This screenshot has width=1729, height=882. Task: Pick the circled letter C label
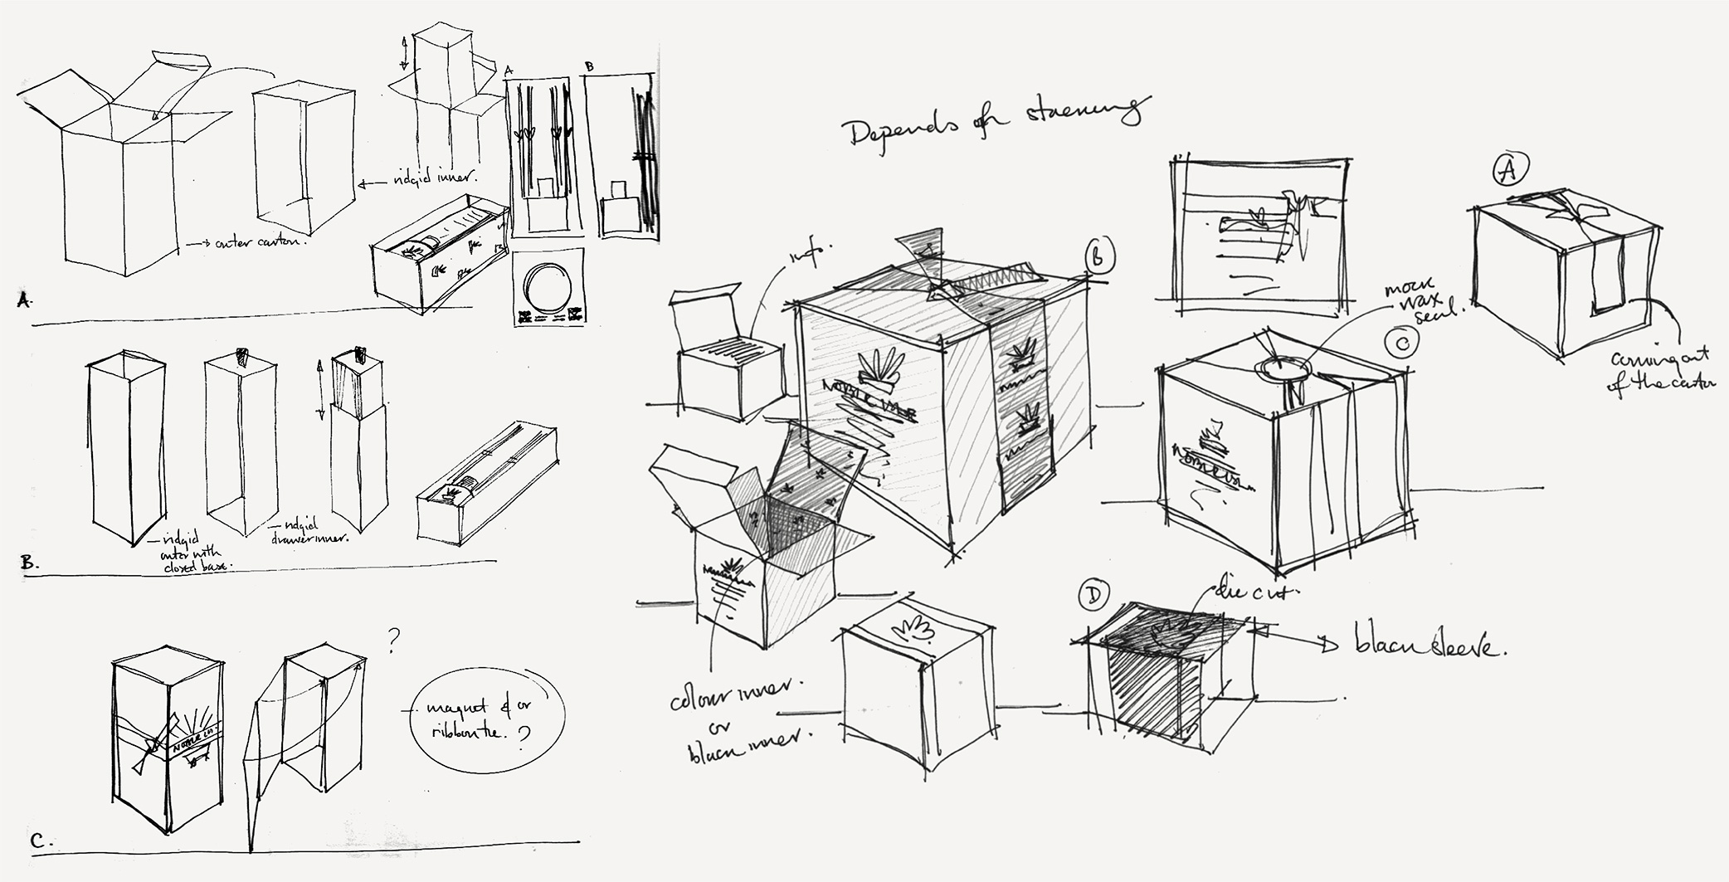pos(1400,341)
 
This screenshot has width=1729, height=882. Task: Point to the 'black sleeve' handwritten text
pos(1427,647)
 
